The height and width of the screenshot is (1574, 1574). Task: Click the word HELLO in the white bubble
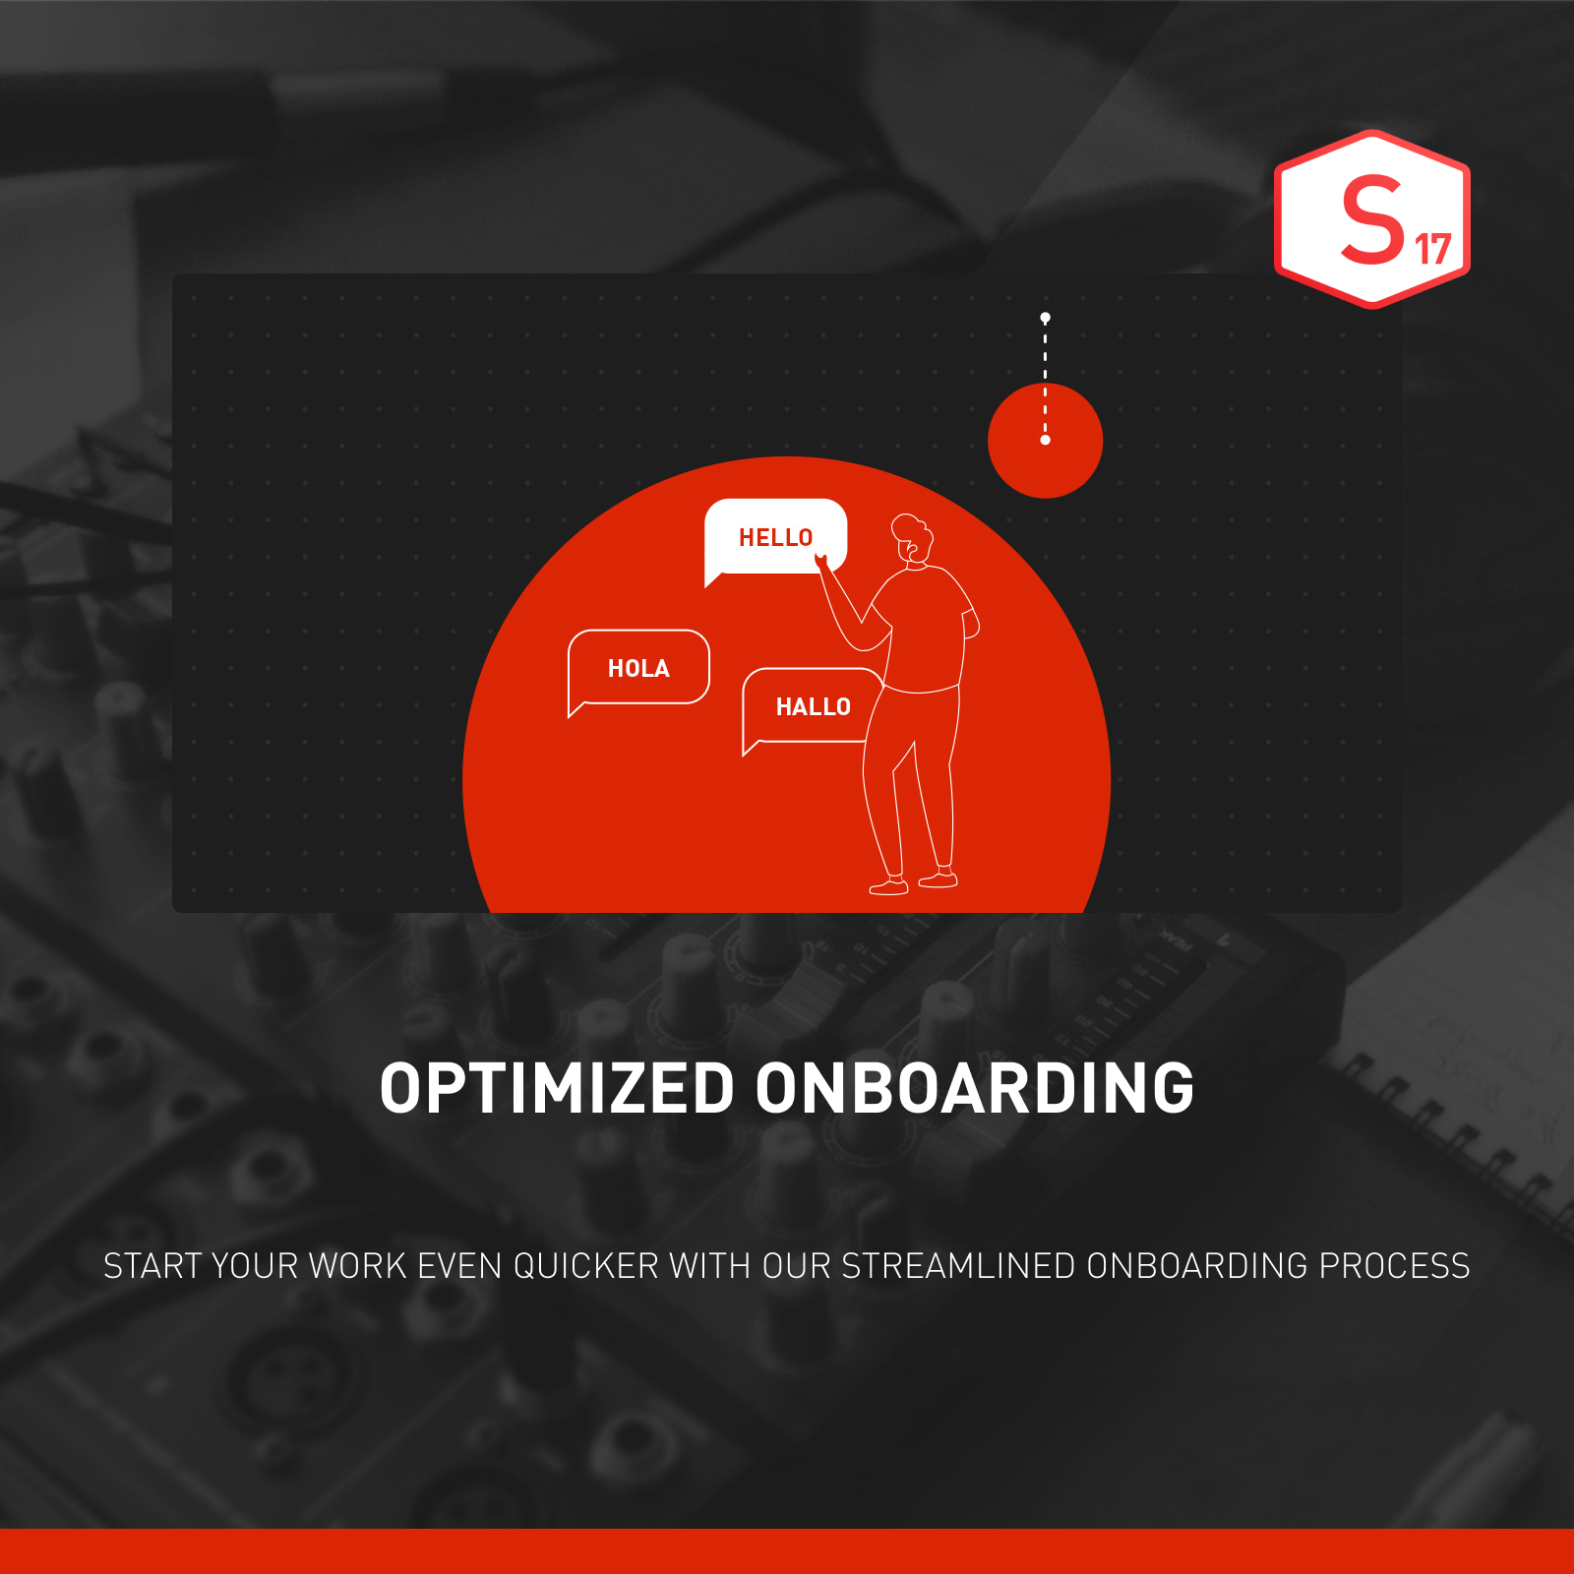(776, 538)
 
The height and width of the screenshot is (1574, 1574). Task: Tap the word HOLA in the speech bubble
(638, 669)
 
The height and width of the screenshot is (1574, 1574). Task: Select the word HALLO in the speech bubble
(814, 707)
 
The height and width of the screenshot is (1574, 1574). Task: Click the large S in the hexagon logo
(1372, 219)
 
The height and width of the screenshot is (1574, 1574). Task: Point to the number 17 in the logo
(1433, 249)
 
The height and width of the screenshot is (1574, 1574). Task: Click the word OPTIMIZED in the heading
(557, 1089)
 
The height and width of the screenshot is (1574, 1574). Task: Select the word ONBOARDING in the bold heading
(975, 1089)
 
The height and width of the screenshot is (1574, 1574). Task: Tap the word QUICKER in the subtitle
(586, 1266)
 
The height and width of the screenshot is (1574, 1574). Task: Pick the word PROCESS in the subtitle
(1394, 1266)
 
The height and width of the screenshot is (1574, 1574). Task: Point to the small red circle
(1045, 441)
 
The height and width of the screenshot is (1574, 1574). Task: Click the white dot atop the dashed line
(1046, 318)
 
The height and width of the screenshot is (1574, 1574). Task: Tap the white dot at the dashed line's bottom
(1046, 440)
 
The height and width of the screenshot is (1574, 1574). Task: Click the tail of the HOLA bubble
(577, 709)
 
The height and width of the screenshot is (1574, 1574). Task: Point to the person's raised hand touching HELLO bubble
(821, 563)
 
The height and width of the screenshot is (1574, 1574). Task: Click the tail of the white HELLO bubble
(714, 579)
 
